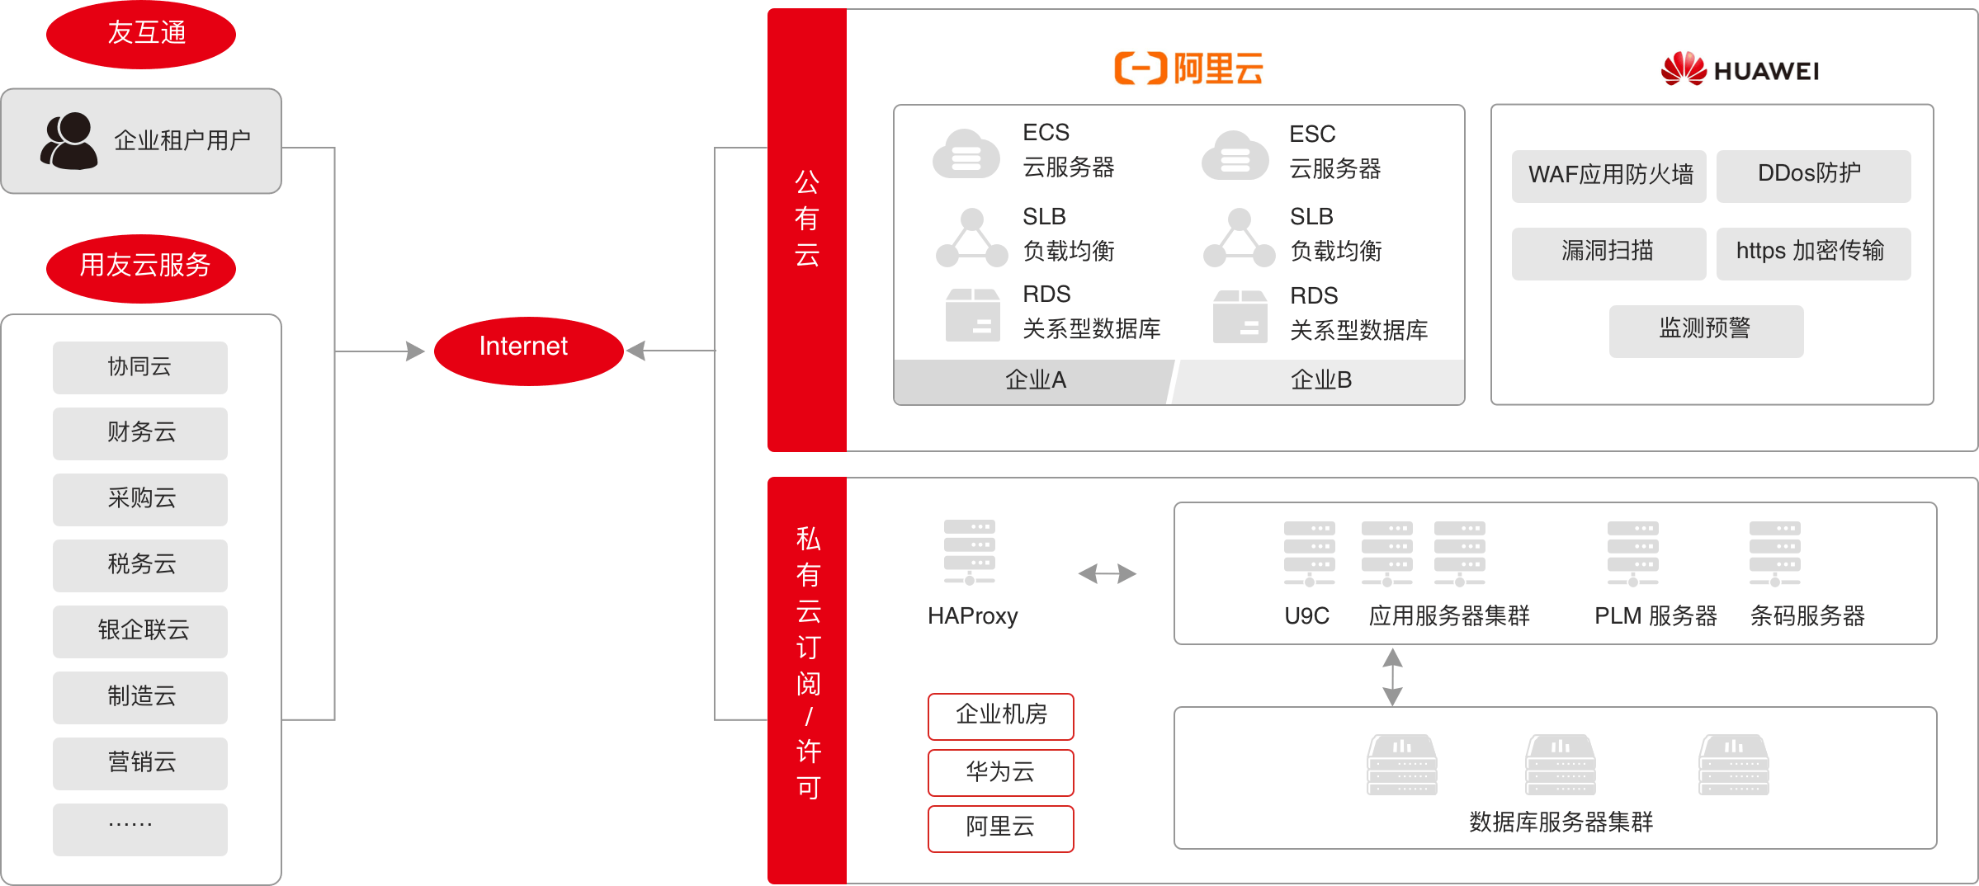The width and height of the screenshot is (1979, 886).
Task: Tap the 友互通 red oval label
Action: click(141, 34)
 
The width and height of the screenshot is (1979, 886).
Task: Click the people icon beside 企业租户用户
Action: click(68, 141)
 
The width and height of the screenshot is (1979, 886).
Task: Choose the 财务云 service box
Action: click(140, 433)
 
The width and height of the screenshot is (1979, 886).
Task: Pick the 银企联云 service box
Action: click(140, 631)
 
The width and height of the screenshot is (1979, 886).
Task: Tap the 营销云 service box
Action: click(140, 763)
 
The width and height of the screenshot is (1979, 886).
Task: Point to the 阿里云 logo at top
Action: click(1188, 68)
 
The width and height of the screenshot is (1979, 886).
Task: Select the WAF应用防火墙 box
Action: click(1608, 176)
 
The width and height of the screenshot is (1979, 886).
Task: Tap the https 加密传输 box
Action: click(1813, 253)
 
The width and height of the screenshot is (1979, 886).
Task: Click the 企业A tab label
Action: click(1035, 380)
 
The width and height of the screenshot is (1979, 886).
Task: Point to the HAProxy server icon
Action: click(970, 551)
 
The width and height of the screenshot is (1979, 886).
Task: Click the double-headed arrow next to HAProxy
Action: click(1108, 573)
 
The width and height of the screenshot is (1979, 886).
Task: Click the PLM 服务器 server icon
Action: click(1632, 553)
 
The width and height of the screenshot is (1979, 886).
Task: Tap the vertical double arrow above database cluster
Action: click(1392, 676)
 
